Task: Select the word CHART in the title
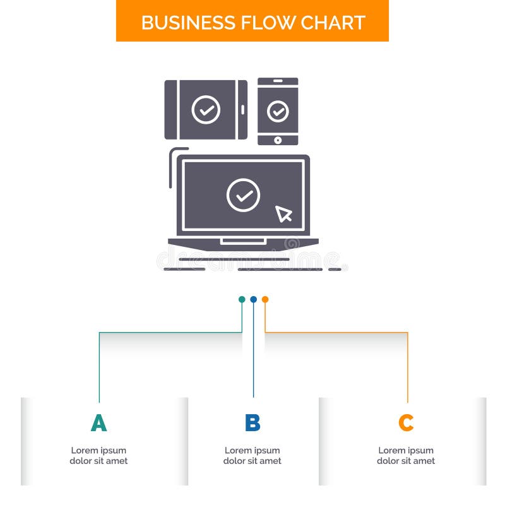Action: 333,22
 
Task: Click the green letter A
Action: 98,423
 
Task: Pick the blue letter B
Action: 252,423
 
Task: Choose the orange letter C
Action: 406,423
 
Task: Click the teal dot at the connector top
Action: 242,299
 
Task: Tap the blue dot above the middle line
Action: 253,299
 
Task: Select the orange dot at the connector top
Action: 265,299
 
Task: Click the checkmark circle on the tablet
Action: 206,109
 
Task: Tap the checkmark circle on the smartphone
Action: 278,111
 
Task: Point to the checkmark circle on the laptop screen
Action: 243,194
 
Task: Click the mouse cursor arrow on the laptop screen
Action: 283,213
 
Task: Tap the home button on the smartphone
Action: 278,140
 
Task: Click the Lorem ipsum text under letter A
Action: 98,456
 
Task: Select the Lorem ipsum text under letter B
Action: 252,456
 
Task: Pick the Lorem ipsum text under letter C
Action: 406,456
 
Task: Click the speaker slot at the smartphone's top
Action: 278,81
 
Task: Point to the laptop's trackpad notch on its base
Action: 243,241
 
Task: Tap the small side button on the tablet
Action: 242,109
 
